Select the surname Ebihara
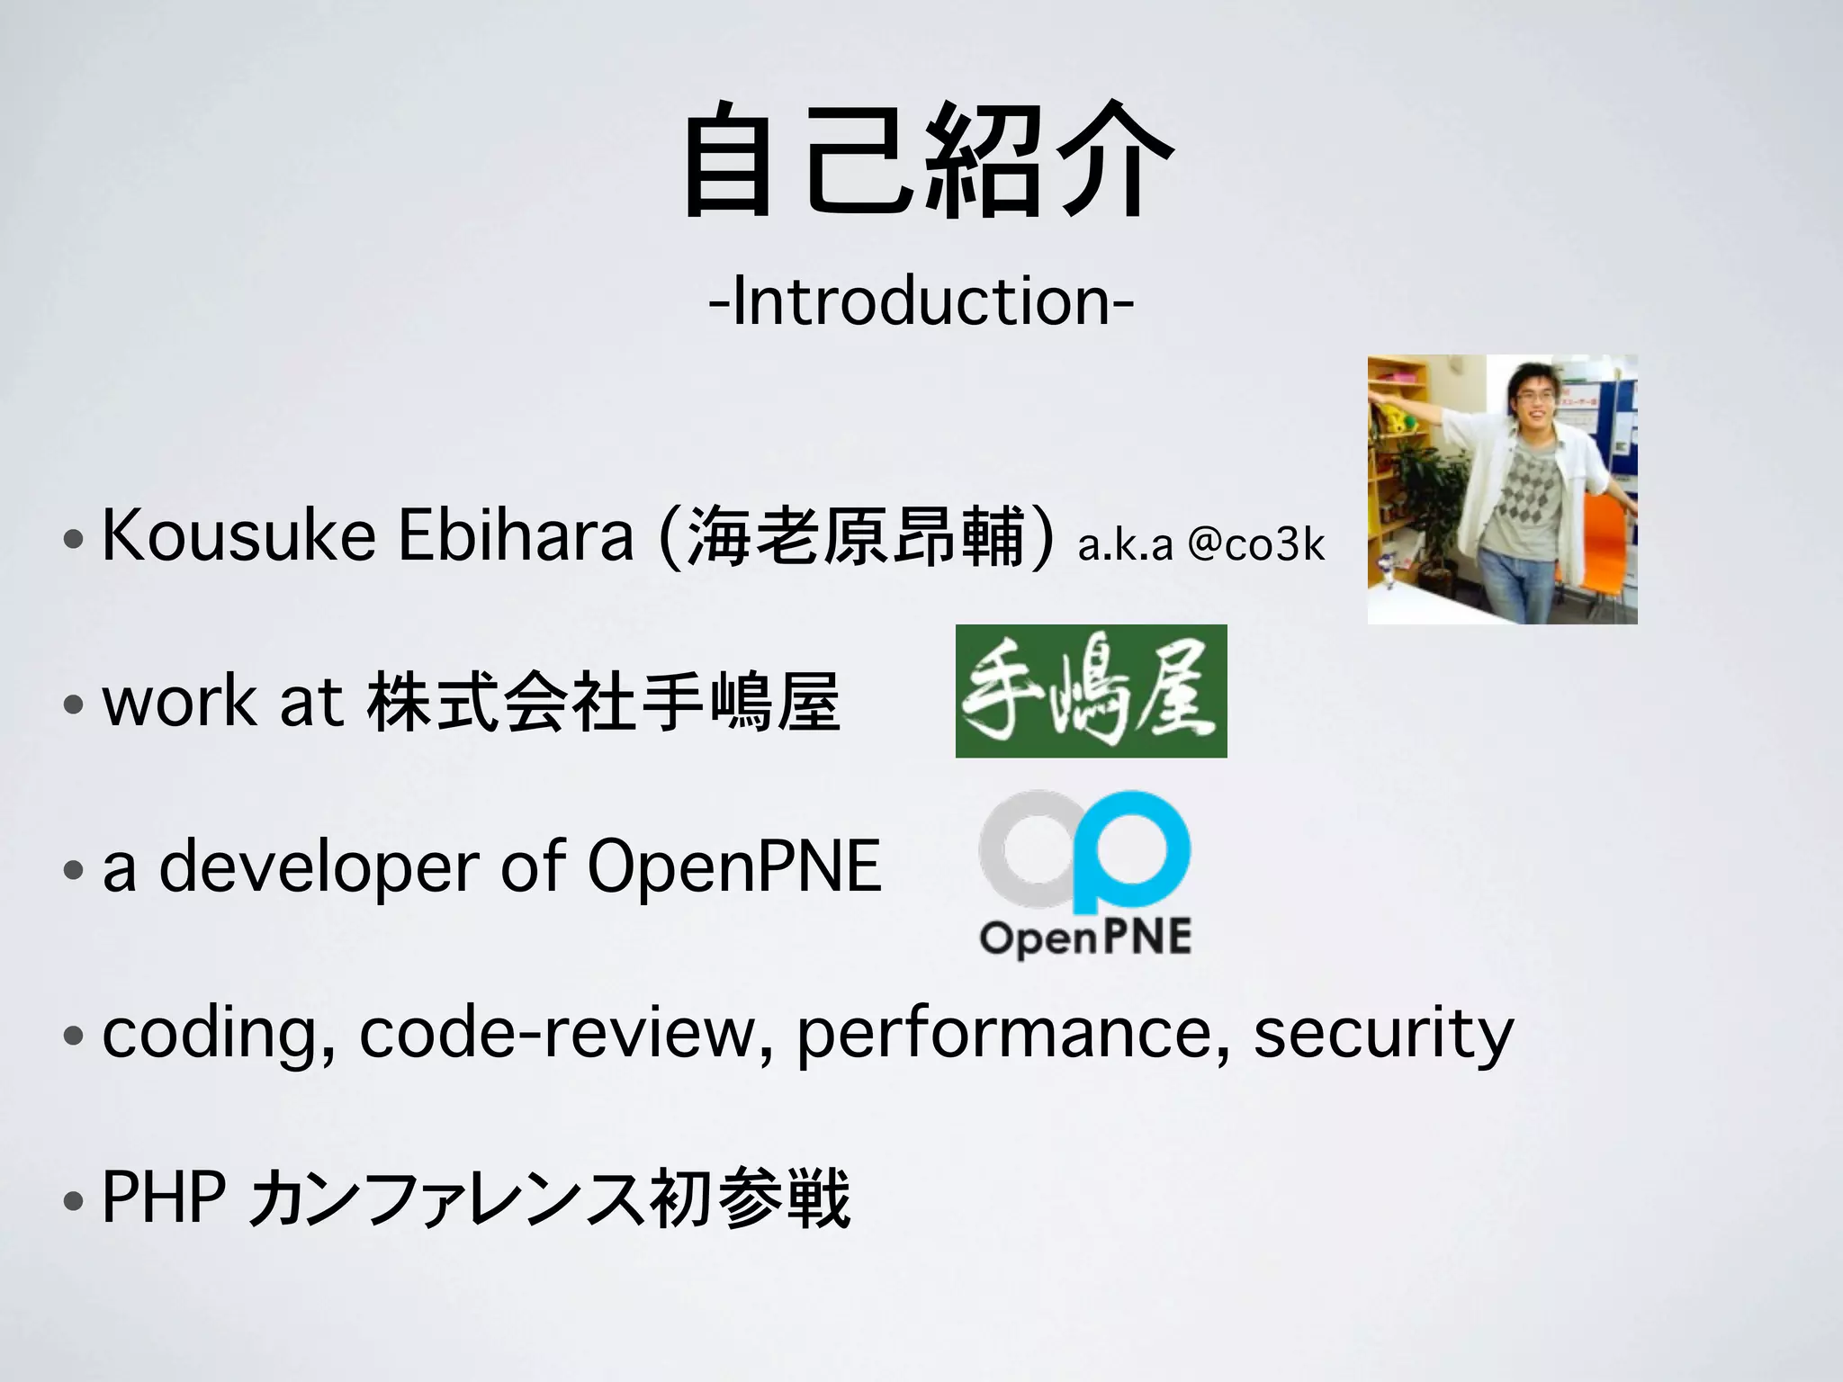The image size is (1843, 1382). coord(516,536)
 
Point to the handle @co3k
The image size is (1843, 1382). coord(1256,544)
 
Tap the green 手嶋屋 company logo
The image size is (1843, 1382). coord(1091,691)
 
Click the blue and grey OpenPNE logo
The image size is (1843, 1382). coord(1085,873)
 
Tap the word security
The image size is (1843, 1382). coord(1383,1035)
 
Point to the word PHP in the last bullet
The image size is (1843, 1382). coord(163,1198)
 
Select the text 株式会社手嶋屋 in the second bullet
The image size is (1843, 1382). coord(604,702)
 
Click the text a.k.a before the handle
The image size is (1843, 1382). coord(1125,545)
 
